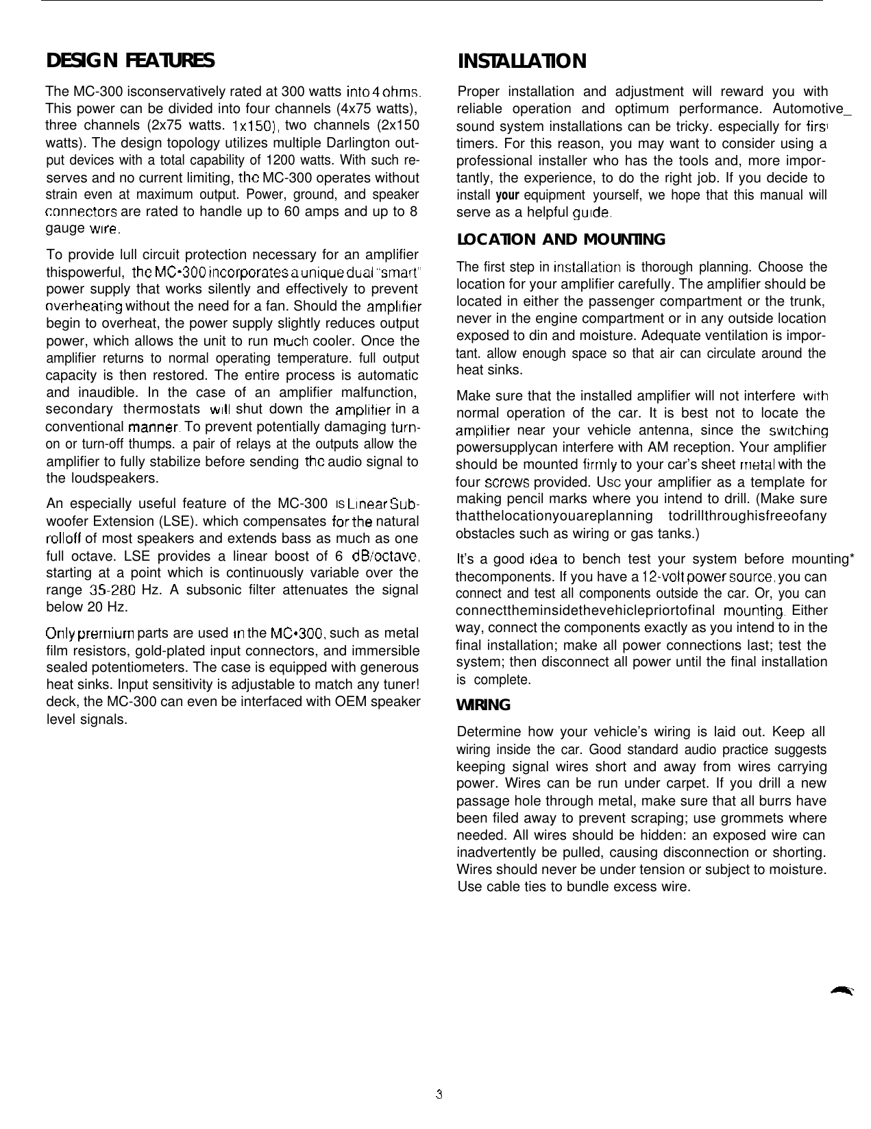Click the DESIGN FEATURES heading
click(130, 61)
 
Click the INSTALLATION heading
click(522, 62)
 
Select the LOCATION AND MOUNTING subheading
click(560, 240)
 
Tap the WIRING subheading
click(483, 705)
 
